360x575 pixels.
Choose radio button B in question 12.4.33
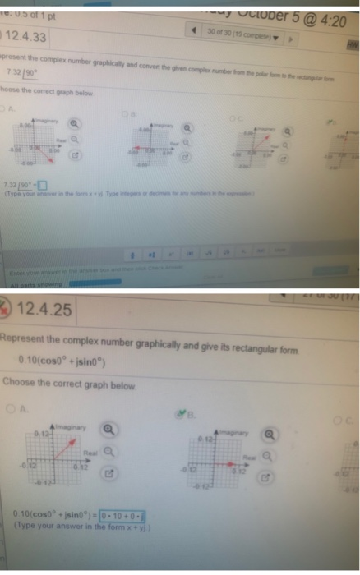[x=127, y=113]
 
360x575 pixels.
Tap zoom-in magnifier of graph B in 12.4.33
[x=187, y=128]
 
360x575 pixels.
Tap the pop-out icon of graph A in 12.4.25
[x=108, y=475]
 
